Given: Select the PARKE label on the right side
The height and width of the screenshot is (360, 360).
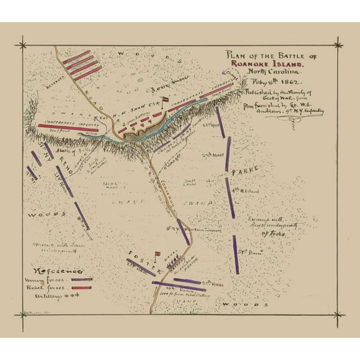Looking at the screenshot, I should [240, 170].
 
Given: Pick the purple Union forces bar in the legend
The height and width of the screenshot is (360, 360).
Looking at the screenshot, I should [82, 279].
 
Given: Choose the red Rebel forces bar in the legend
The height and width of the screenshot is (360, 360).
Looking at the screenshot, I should [82, 289].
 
